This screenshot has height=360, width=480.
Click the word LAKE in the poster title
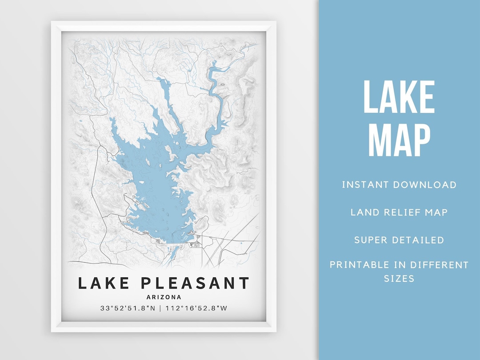click(105, 283)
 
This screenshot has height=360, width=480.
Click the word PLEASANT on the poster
click(196, 283)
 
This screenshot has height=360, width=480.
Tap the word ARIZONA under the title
click(164, 297)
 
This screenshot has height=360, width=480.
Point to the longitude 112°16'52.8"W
click(199, 308)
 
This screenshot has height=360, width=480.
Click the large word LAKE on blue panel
click(399, 97)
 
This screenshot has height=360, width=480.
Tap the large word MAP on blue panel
click(399, 140)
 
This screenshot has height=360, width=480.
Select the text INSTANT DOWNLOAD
click(399, 185)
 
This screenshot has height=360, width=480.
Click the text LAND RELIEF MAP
click(399, 212)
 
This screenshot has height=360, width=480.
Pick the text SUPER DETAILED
click(399, 240)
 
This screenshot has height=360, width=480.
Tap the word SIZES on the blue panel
click(399, 279)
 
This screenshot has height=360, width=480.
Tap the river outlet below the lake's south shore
click(172, 253)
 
